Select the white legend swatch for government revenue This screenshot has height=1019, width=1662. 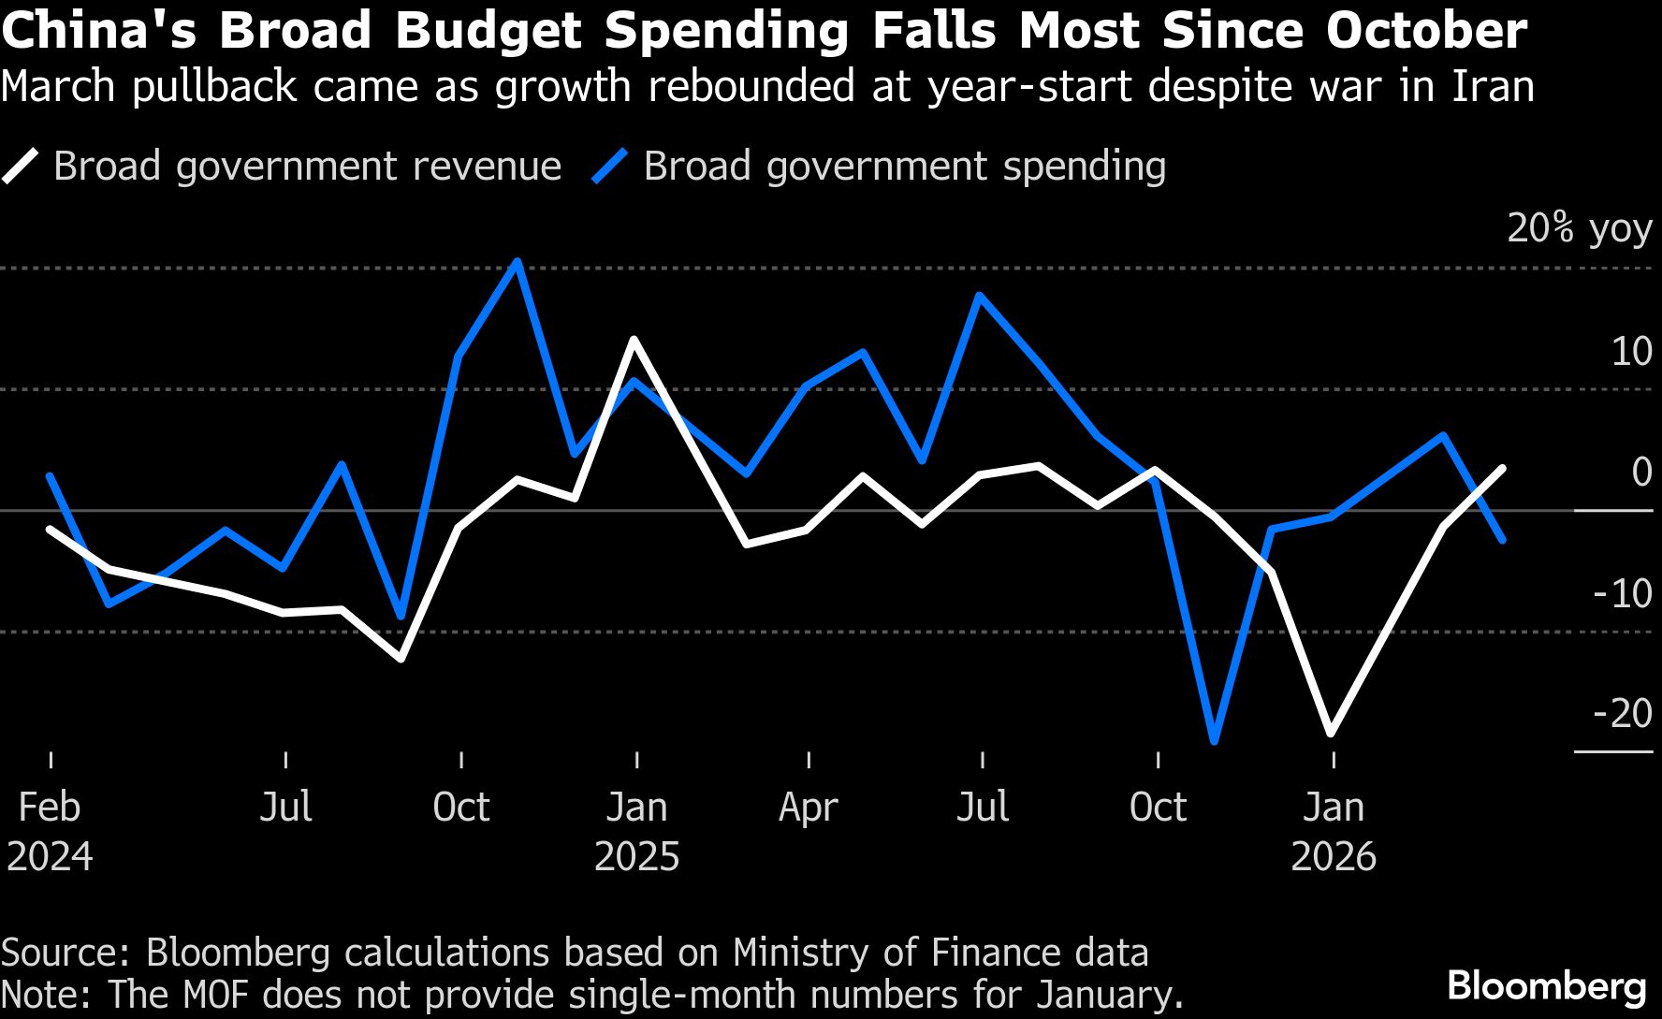click(x=22, y=167)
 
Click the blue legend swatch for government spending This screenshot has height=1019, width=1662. click(x=610, y=167)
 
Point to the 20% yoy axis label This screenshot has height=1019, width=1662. click(x=1579, y=228)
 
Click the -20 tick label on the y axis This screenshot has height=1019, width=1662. click(x=1623, y=714)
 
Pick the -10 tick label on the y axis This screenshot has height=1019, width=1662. click(x=1623, y=593)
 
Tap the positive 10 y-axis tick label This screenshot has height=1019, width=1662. click(x=1631, y=352)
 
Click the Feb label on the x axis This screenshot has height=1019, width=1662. click(x=50, y=807)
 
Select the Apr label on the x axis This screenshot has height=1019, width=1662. click(x=809, y=807)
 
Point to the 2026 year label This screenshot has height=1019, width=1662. click(x=1334, y=856)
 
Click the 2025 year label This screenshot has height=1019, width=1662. click(x=636, y=856)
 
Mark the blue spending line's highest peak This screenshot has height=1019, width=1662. click(x=518, y=261)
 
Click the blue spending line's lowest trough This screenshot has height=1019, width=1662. click(x=1215, y=742)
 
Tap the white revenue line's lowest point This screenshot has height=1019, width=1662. click(x=1331, y=734)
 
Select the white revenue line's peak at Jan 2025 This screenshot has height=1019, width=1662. click(x=634, y=340)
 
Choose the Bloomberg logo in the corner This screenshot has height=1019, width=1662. click(x=1546, y=986)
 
